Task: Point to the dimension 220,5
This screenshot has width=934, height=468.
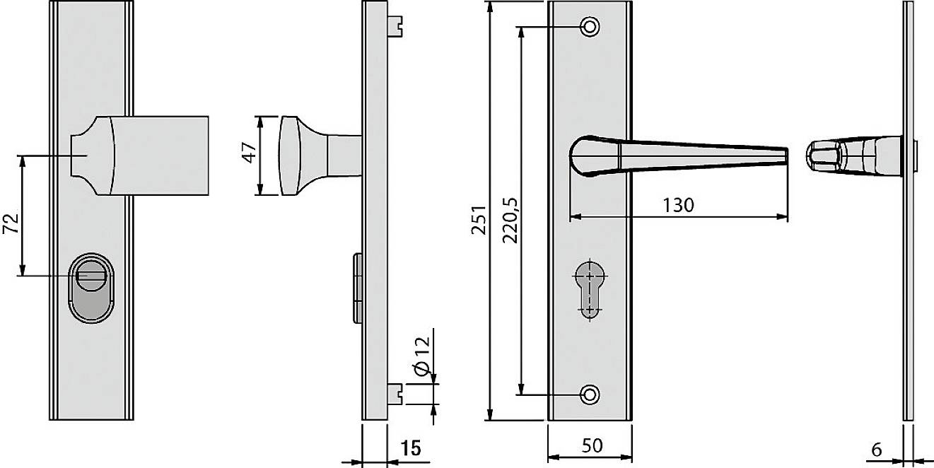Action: coord(510,219)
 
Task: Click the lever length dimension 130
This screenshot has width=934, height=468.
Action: coord(678,205)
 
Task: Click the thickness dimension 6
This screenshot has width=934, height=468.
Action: coord(876,448)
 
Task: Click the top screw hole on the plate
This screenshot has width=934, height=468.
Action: coord(589,27)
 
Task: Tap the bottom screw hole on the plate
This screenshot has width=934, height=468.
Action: coord(589,394)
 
